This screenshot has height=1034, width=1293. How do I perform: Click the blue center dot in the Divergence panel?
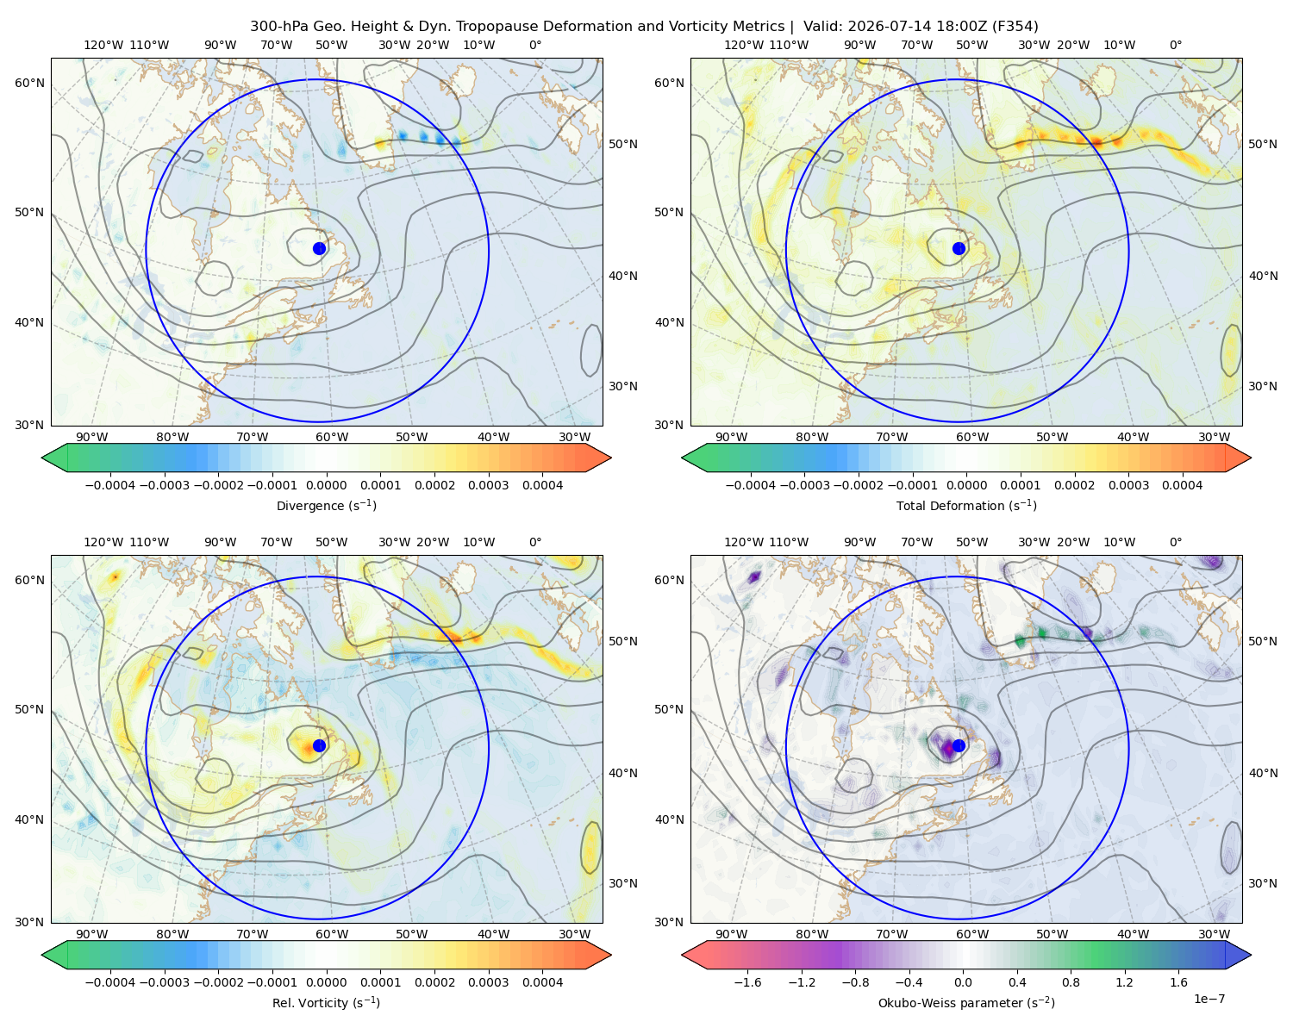319,248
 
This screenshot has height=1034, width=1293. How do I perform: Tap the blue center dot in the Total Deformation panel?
959,248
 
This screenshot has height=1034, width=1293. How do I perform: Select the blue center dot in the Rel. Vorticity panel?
319,745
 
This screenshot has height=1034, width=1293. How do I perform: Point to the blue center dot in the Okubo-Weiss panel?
959,745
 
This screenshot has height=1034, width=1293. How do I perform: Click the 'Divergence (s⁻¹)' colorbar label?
326,505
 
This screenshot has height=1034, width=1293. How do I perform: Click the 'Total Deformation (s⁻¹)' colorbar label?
966,505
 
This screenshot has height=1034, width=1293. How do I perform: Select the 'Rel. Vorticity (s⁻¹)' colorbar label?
326,1002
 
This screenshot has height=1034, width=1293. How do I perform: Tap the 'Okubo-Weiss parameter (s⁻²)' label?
966,1002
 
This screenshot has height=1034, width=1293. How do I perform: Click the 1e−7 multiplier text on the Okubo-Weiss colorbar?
1209,999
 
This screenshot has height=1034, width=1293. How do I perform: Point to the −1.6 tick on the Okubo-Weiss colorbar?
747,982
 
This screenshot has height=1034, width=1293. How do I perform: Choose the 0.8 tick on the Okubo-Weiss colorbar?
1071,982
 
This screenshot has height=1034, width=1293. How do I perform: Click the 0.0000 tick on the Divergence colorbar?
326,485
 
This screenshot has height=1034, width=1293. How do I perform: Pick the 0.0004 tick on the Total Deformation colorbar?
1182,485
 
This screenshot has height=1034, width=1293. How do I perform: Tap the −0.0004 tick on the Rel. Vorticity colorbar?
110,982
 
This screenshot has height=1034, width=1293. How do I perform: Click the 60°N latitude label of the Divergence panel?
29,83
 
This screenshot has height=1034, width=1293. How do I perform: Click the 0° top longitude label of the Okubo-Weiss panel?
1175,542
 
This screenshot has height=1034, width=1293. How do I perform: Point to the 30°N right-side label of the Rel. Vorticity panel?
623,883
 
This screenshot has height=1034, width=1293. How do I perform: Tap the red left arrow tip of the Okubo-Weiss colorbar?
683,955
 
